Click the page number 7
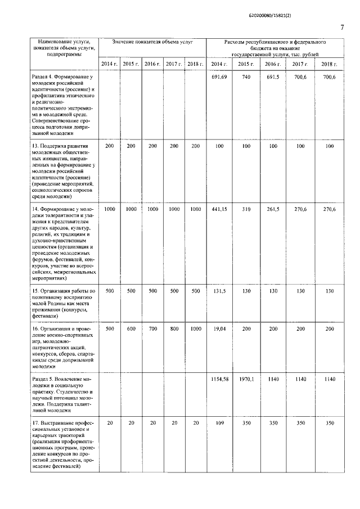pyautogui.click(x=341, y=28)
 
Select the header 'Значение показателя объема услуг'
pyautogui.click(x=152, y=42)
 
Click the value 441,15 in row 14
pyautogui.click(x=219, y=209)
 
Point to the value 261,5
pyautogui.click(x=273, y=209)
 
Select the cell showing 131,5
pyautogui.click(x=219, y=291)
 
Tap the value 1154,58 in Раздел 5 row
pyautogui.click(x=219, y=379)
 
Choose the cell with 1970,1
pyautogui.click(x=246, y=379)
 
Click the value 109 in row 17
pyautogui.click(x=219, y=422)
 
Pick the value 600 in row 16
pyautogui.click(x=131, y=328)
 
